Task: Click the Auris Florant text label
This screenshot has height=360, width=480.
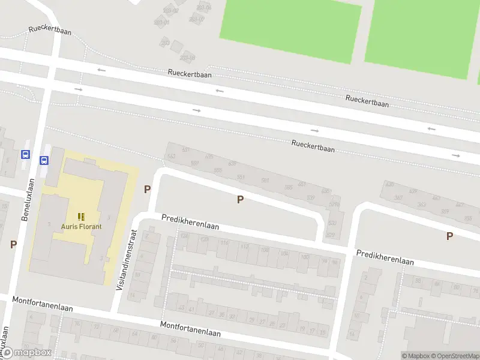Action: pyautogui.click(x=81, y=226)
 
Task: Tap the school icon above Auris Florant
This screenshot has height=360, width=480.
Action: pyautogui.click(x=81, y=216)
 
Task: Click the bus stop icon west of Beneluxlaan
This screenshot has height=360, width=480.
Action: pyautogui.click(x=25, y=154)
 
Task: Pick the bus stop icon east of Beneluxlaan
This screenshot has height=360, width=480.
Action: pyautogui.click(x=44, y=160)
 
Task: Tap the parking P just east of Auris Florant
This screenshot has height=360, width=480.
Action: pyautogui.click(x=147, y=189)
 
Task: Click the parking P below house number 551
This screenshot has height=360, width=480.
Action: pyautogui.click(x=240, y=199)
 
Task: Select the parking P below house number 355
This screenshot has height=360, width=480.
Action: pyautogui.click(x=449, y=236)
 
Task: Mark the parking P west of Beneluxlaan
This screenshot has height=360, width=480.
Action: pyautogui.click(x=13, y=244)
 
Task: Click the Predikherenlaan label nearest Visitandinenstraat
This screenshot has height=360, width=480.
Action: pyautogui.click(x=190, y=223)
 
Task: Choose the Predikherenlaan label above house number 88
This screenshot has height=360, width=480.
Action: pyautogui.click(x=385, y=257)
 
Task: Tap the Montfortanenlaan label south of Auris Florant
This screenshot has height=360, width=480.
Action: pyautogui.click(x=43, y=304)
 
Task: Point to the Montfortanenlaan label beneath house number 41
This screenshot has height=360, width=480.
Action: pyautogui.click(x=190, y=328)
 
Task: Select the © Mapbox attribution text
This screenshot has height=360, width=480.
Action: pyautogui.click(x=416, y=356)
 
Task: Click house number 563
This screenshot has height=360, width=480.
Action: pyautogui.click(x=172, y=156)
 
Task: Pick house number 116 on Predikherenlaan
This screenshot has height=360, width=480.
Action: pyautogui.click(x=224, y=242)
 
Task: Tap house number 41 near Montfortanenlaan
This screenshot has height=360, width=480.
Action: pyautogui.click(x=191, y=309)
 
